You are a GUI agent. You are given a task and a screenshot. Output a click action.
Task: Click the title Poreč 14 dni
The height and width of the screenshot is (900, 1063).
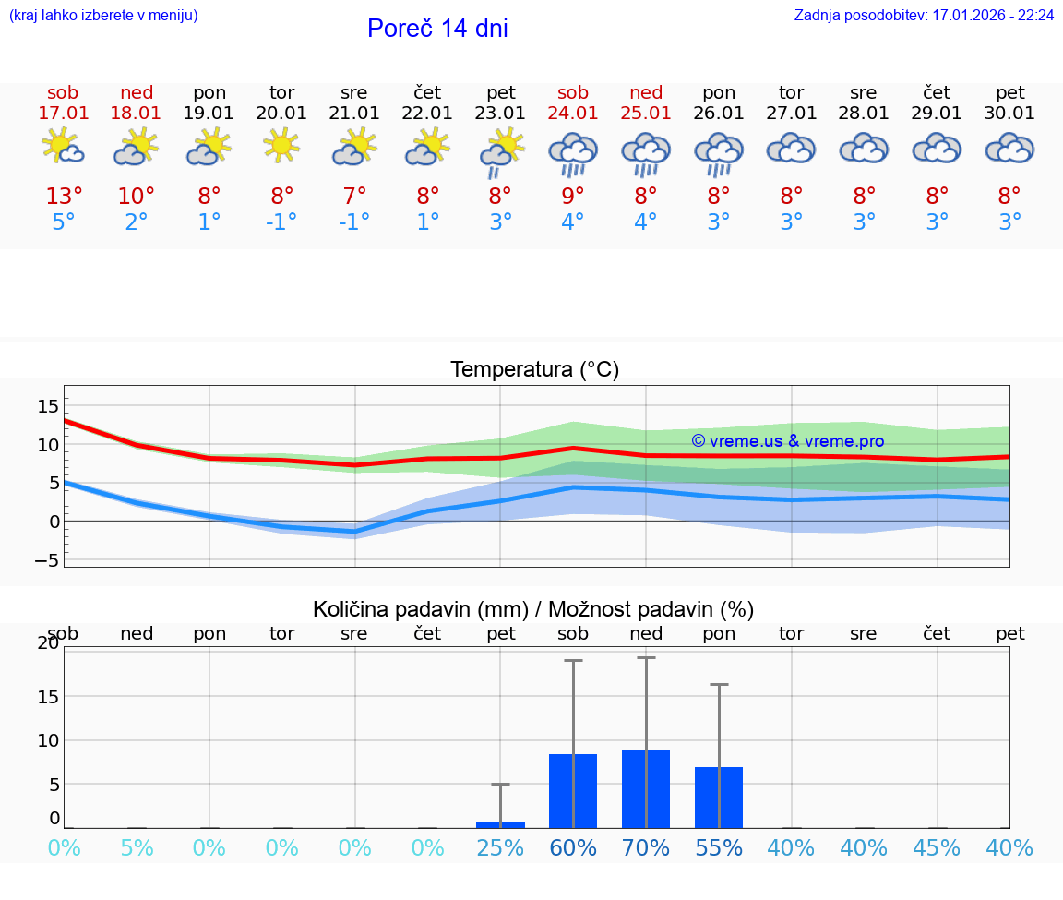pyautogui.click(x=437, y=29)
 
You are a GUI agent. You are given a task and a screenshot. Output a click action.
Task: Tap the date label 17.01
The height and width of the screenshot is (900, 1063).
pyautogui.click(x=63, y=114)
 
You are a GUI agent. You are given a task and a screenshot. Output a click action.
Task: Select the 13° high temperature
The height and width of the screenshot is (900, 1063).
pyautogui.click(x=64, y=197)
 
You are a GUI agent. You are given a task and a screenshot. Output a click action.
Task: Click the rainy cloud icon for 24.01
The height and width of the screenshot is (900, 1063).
pyautogui.click(x=573, y=154)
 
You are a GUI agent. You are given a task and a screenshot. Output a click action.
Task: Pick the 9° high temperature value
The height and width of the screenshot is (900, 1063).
pyautogui.click(x=573, y=197)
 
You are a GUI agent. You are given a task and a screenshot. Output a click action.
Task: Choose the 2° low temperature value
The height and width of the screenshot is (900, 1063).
pyautogui.click(x=137, y=222)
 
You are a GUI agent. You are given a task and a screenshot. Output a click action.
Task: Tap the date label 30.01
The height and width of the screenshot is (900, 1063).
pyautogui.click(x=1009, y=114)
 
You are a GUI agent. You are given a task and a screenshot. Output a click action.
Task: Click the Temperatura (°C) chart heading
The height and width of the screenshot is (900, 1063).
pyautogui.click(x=534, y=370)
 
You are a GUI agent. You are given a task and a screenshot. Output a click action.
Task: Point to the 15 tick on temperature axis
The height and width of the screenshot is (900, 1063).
pyautogui.click(x=49, y=406)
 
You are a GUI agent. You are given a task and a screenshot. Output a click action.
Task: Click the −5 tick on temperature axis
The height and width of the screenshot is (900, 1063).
pyautogui.click(x=49, y=560)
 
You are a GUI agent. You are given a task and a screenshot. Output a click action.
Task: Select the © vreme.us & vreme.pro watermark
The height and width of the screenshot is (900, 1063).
pyautogui.click(x=787, y=441)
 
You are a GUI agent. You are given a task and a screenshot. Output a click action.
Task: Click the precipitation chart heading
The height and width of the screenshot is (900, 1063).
pyautogui.click(x=533, y=609)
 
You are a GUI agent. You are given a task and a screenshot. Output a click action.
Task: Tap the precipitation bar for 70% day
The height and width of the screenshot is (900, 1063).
pyautogui.click(x=646, y=789)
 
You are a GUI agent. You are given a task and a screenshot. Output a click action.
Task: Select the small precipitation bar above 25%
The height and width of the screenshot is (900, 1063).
pyautogui.click(x=500, y=824)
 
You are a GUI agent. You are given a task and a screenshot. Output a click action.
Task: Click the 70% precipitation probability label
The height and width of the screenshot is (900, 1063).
pyautogui.click(x=646, y=848)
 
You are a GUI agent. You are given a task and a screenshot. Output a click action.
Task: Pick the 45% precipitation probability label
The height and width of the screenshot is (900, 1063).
pyautogui.click(x=938, y=848)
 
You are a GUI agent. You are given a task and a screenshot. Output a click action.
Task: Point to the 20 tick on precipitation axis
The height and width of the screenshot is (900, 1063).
pyautogui.click(x=48, y=643)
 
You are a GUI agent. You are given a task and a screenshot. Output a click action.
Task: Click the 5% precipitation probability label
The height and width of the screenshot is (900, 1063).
pyautogui.click(x=137, y=848)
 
